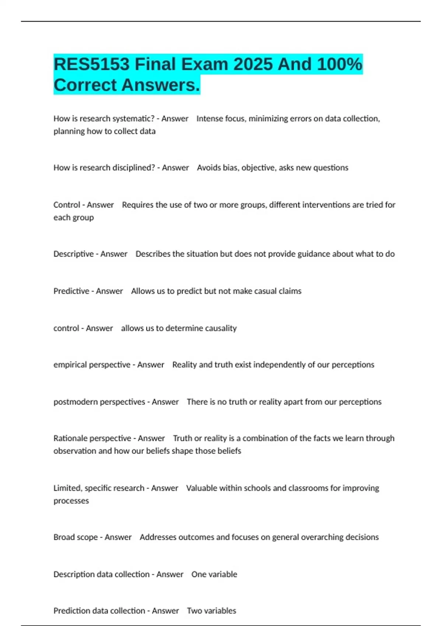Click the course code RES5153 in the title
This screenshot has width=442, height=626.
[91, 64]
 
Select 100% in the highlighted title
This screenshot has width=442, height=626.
[339, 64]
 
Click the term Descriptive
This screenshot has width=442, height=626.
[73, 254]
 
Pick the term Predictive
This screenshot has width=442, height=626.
[71, 291]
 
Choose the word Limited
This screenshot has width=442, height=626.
[67, 488]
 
